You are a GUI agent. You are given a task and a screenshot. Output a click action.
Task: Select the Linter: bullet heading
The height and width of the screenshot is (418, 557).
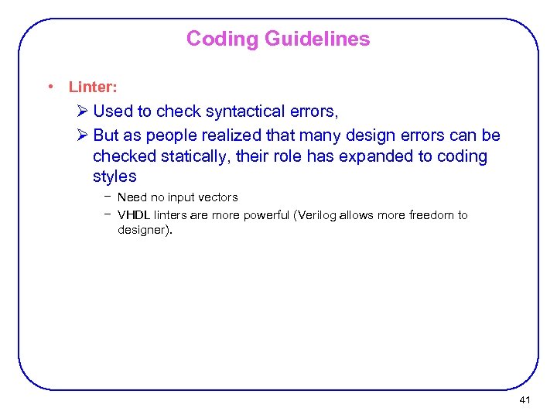click(93, 87)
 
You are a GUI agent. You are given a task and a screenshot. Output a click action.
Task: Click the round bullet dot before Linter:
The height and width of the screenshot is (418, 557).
click(50, 87)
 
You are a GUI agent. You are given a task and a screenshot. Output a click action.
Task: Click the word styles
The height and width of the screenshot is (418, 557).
click(114, 176)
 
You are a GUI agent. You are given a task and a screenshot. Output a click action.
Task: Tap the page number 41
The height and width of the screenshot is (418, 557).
click(525, 400)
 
